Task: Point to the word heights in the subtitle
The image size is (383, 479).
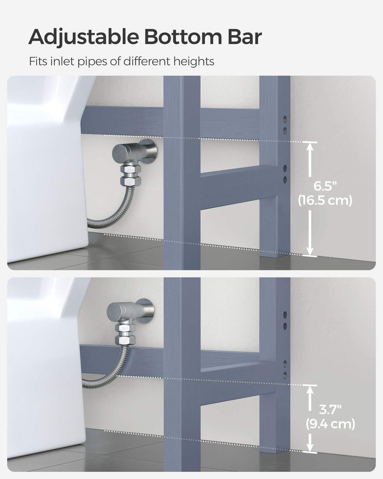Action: point(193,61)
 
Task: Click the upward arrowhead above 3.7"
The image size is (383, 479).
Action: point(310,389)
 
